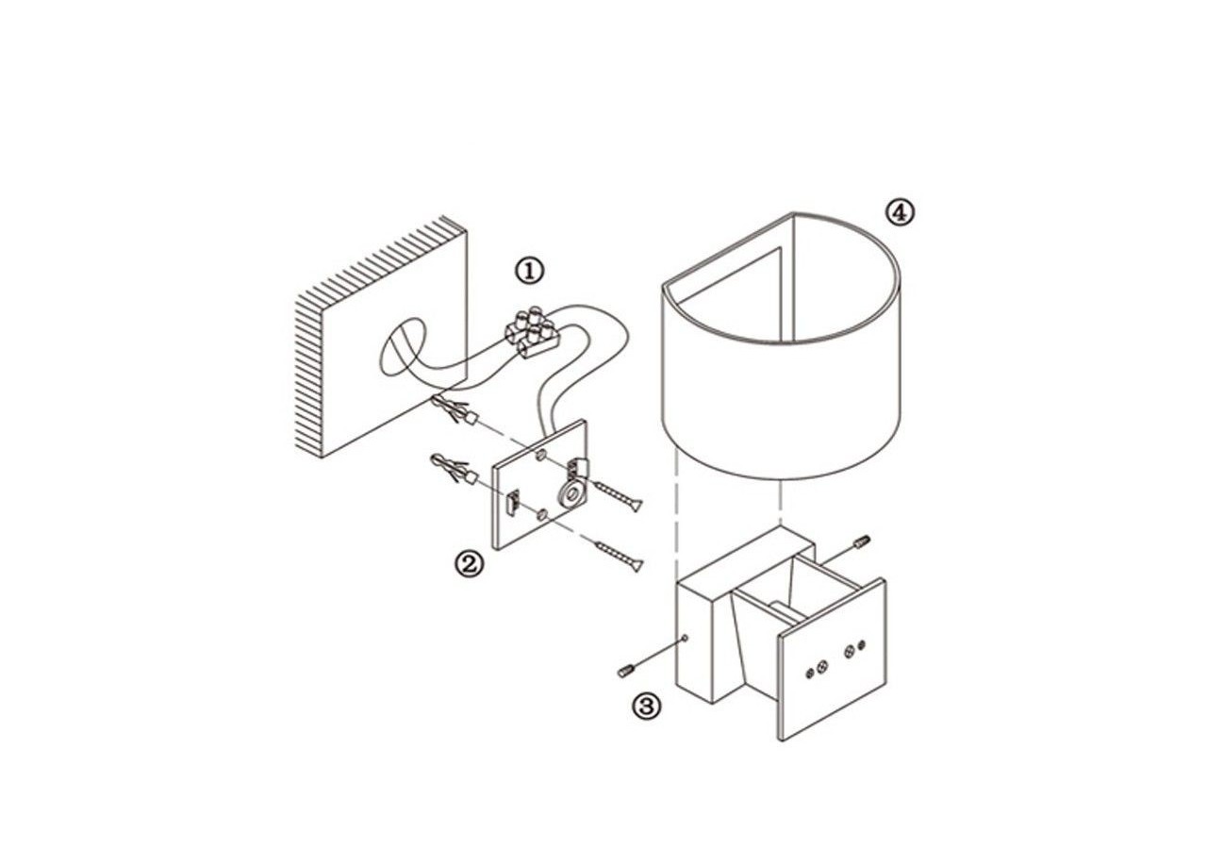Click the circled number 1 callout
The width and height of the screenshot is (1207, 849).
click(x=530, y=270)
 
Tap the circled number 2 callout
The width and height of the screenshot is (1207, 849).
click(x=468, y=564)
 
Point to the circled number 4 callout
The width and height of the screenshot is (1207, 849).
click(x=901, y=213)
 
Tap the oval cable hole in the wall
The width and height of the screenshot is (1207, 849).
click(x=403, y=347)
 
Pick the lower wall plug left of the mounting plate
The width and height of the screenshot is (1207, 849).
click(x=455, y=469)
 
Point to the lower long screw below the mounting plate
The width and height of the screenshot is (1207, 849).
click(x=619, y=557)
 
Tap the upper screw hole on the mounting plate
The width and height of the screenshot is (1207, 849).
click(x=540, y=456)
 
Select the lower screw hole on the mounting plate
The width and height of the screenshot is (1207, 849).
click(x=542, y=515)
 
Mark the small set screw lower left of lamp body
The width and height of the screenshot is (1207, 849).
click(x=627, y=671)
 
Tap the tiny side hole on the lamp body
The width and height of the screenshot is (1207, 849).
click(x=685, y=639)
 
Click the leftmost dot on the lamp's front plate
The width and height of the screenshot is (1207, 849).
click(x=809, y=674)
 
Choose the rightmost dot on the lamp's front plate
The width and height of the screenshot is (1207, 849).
click(x=861, y=644)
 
